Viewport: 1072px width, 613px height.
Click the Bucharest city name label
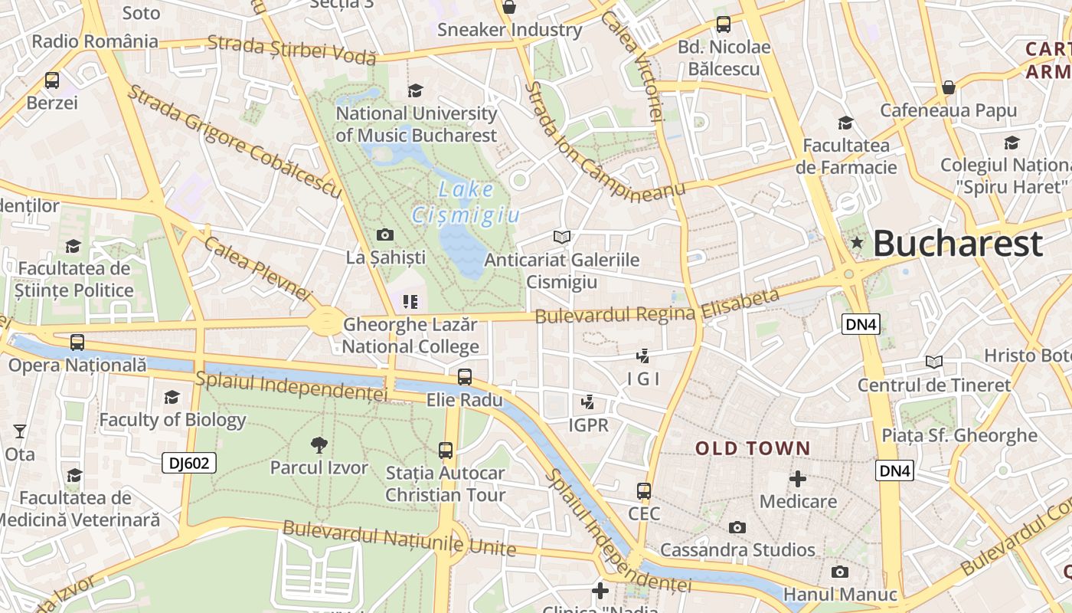click(x=957, y=244)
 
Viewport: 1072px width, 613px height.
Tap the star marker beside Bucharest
click(x=857, y=243)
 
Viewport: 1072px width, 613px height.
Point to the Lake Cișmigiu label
click(x=466, y=202)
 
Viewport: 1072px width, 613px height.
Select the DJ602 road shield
click(x=189, y=463)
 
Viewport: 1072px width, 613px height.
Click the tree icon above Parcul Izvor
click(x=319, y=444)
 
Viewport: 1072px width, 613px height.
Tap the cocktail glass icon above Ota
click(x=20, y=431)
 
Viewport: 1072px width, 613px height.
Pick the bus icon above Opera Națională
click(x=77, y=343)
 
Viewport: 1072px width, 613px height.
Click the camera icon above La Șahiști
click(x=385, y=234)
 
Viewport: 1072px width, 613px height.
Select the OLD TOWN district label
click(x=752, y=448)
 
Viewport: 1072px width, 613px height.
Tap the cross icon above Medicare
click(x=798, y=479)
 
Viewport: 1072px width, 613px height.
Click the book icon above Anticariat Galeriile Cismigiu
click(x=562, y=237)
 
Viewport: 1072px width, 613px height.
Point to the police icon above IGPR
click(x=588, y=402)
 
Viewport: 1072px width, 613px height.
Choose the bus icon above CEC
click(x=644, y=491)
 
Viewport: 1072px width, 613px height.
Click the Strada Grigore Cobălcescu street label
click(x=234, y=142)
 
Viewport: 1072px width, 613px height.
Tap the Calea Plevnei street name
click(x=258, y=268)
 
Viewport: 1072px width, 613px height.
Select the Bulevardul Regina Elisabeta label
click(x=657, y=306)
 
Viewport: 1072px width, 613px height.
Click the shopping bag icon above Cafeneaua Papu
click(x=948, y=87)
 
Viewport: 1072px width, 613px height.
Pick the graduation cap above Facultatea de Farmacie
click(x=845, y=123)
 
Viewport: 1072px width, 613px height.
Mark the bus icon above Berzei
click(x=52, y=80)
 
